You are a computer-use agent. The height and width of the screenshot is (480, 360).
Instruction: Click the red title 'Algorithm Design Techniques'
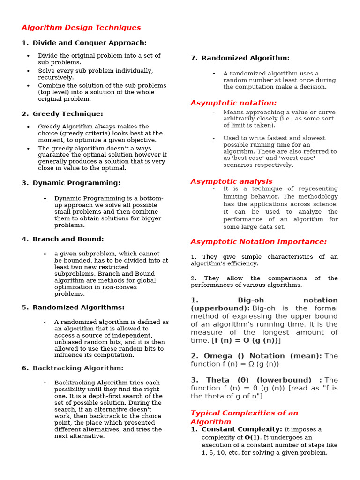[81, 28]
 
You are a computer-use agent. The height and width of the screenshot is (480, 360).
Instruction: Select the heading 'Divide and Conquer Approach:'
[90, 43]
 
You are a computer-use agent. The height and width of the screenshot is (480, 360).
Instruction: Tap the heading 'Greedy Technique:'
[67, 114]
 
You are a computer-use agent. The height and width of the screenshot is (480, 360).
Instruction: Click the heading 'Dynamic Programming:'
[76, 183]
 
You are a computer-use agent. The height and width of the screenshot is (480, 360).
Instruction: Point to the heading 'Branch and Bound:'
[68, 240]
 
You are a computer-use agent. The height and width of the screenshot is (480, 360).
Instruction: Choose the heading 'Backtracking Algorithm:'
[78, 368]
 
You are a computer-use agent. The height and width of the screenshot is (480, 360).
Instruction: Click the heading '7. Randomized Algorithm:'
[240, 58]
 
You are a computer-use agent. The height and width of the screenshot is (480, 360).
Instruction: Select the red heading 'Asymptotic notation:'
[233, 103]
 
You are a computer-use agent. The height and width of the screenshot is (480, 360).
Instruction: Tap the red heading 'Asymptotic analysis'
[231, 181]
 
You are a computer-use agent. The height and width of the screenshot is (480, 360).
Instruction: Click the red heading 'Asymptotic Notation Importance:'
[258, 242]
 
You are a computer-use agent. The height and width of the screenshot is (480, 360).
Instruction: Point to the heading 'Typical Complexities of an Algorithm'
[244, 417]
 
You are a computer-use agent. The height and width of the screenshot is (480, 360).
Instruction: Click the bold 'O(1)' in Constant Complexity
[252, 437]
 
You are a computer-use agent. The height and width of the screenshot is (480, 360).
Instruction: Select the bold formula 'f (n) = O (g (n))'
[246, 340]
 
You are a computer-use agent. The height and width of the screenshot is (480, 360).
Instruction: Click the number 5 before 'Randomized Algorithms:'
[25, 308]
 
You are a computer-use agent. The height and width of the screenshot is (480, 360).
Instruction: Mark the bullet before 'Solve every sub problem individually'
[28, 71]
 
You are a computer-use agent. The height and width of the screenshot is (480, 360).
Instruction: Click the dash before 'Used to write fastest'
[214, 138]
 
